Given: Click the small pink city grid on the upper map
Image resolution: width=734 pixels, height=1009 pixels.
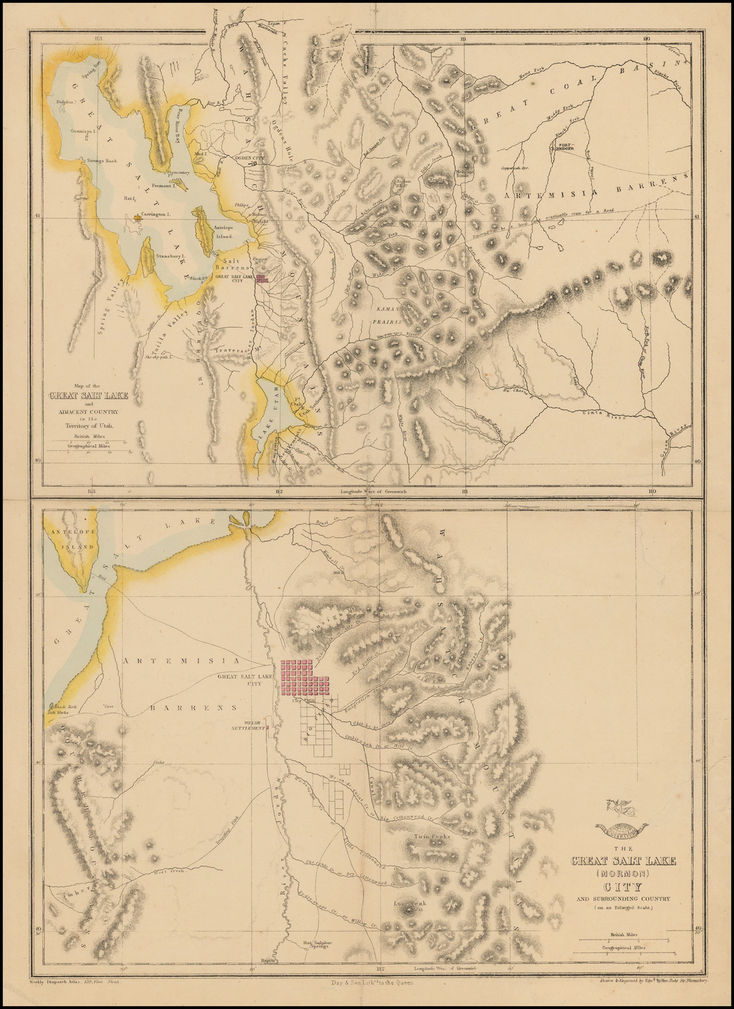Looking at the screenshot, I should pyautogui.click(x=262, y=279).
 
